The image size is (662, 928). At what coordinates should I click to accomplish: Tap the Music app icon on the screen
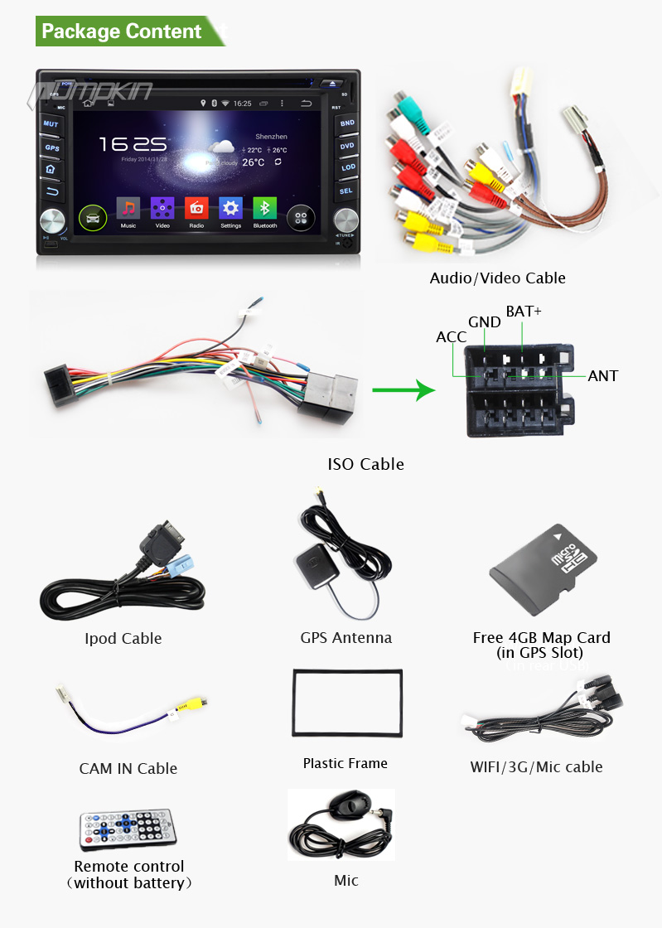pyautogui.click(x=128, y=210)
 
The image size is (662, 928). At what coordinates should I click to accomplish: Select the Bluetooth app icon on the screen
pyautogui.click(x=265, y=210)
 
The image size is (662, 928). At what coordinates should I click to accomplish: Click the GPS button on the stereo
pyautogui.click(x=51, y=147)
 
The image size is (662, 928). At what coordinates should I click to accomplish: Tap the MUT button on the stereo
pyautogui.click(x=51, y=123)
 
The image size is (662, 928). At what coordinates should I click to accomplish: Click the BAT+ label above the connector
pyautogui.click(x=524, y=312)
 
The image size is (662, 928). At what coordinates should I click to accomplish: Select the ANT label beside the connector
pyautogui.click(x=602, y=376)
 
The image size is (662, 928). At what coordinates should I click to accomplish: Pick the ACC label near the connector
pyautogui.click(x=452, y=337)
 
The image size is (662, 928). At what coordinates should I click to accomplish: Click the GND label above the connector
pyautogui.click(x=484, y=322)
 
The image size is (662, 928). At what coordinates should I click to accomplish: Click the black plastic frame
pyautogui.click(x=347, y=703)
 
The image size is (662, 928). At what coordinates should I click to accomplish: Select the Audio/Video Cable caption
pyautogui.click(x=497, y=278)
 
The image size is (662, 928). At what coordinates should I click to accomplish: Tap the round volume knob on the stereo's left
pyautogui.click(x=52, y=222)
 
